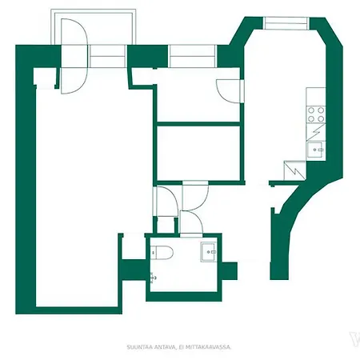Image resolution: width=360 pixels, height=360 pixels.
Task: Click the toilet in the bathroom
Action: tap(163, 254)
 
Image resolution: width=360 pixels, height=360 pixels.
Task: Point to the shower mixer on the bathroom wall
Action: tap(152, 278)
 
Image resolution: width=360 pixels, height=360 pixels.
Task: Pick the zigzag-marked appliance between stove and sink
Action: tap(315, 131)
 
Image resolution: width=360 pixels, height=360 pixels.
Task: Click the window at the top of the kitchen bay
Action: tap(286, 23)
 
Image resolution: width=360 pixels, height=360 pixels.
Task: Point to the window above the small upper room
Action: tap(193, 56)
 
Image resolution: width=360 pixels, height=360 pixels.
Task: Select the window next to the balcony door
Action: tap(110, 58)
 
